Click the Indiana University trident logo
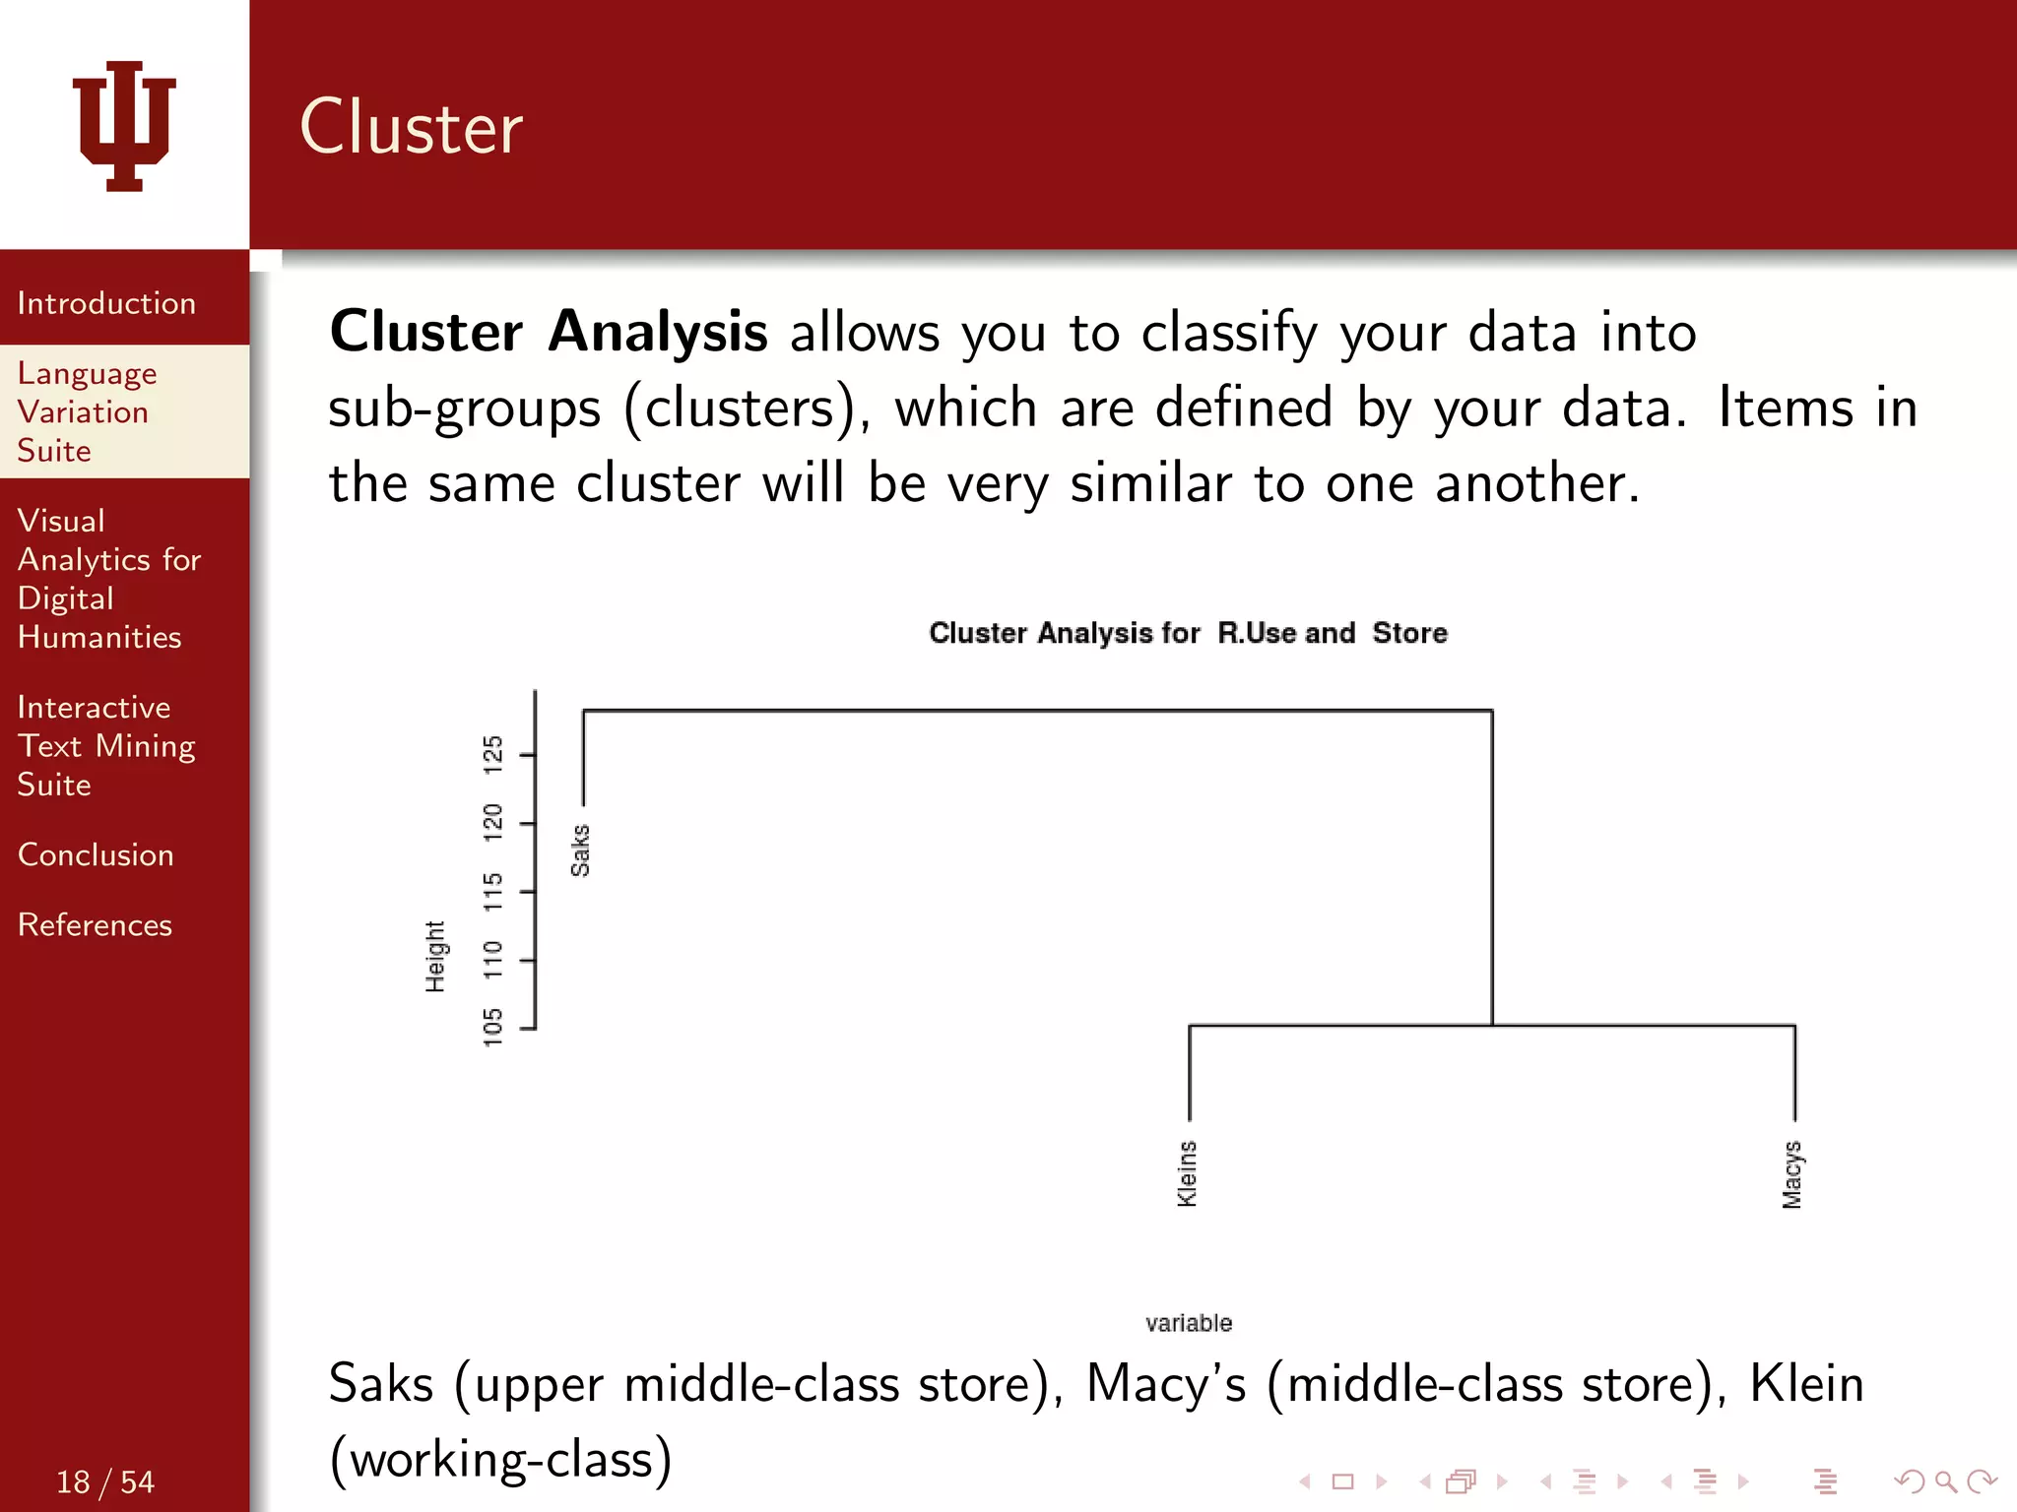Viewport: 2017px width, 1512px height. pos(124,125)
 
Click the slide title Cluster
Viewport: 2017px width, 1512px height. pos(411,128)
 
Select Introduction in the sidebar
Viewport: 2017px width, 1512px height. pos(106,303)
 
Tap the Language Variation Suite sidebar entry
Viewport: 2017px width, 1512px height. pos(87,411)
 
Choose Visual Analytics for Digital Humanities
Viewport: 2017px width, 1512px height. pos(108,579)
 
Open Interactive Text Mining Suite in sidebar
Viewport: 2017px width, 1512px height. pos(105,746)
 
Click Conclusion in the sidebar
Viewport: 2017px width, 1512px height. pos(96,854)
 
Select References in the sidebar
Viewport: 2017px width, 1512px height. pos(95,924)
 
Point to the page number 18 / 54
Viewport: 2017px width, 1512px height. pos(105,1481)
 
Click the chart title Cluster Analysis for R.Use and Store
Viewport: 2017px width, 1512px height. pos(1188,633)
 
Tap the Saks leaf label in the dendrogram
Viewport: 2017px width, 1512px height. pos(580,850)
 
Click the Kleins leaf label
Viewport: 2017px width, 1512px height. pos(1188,1173)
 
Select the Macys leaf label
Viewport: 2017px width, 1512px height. pos(1792,1174)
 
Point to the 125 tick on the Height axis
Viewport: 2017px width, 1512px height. pos(493,754)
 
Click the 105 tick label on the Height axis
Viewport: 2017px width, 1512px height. pos(493,1028)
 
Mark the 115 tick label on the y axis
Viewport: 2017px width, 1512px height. pos(493,891)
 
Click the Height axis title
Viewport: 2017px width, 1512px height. pos(435,957)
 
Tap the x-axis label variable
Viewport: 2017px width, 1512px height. pos(1188,1323)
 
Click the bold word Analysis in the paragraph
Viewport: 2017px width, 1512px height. pos(658,332)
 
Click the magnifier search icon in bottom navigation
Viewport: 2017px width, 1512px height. pos(1945,1481)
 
